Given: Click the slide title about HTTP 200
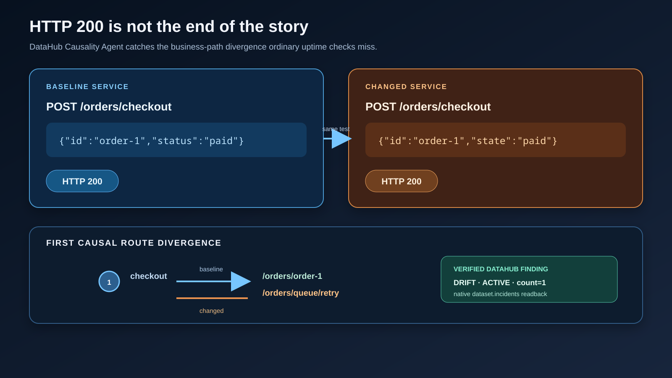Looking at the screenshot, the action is tap(169, 26).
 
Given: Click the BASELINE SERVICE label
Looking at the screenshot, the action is tap(87, 87).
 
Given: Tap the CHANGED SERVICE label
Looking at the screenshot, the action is tap(406, 87).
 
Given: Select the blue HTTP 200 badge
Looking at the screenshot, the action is tap(82, 181).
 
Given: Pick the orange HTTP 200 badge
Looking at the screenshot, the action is tap(402, 181).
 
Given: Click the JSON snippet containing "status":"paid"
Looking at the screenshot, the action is tap(152, 141).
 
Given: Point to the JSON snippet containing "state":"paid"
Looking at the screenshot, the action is tap(468, 141).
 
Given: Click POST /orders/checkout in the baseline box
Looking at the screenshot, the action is tap(109, 107).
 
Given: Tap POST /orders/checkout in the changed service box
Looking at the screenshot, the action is tap(428, 107).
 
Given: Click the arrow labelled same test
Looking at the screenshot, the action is tap(338, 139).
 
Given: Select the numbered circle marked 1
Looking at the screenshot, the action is tap(109, 281).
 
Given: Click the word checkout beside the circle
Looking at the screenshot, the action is tap(149, 276).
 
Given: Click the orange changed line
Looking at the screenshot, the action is tap(212, 298).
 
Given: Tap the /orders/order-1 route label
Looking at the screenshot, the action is tap(292, 276).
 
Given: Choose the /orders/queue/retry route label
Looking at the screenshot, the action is tap(301, 293).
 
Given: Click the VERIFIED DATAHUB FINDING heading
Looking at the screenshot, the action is tap(501, 269).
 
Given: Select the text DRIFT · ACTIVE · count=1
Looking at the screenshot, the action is tap(499, 283).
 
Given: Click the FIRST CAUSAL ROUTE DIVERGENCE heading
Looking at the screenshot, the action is tap(134, 243).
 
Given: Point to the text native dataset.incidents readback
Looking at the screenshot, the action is tap(500, 294).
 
